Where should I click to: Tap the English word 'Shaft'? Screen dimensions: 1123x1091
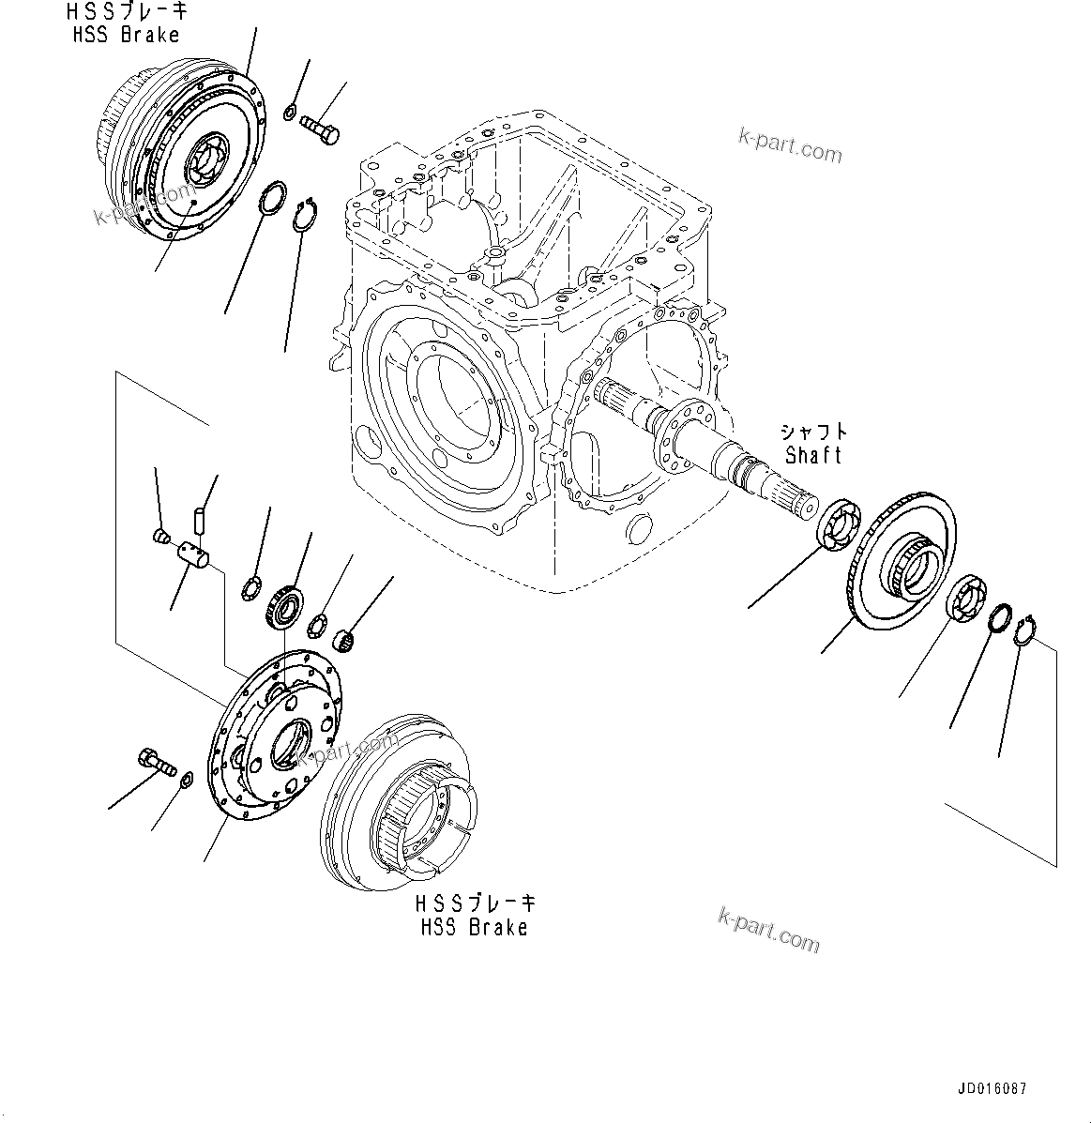coord(813,455)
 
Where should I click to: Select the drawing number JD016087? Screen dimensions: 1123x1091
coord(993,1089)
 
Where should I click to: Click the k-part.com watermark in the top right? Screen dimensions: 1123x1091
coord(789,144)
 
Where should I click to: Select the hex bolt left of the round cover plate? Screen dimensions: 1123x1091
coord(156,760)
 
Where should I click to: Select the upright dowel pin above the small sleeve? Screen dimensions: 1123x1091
coord(198,518)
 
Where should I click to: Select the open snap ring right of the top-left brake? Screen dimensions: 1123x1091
coord(304,215)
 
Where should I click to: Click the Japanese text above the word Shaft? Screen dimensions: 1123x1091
coord(813,432)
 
